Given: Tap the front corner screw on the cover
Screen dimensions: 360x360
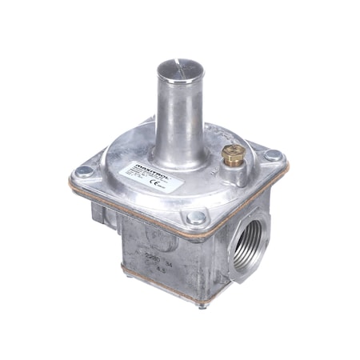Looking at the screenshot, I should point(194,217).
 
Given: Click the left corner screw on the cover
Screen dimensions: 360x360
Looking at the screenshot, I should point(82,171).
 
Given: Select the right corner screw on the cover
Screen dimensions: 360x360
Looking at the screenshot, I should point(274,156).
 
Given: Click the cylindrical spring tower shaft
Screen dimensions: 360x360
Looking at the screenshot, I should point(178,112).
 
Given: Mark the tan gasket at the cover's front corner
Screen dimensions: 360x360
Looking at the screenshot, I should point(194,233).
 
